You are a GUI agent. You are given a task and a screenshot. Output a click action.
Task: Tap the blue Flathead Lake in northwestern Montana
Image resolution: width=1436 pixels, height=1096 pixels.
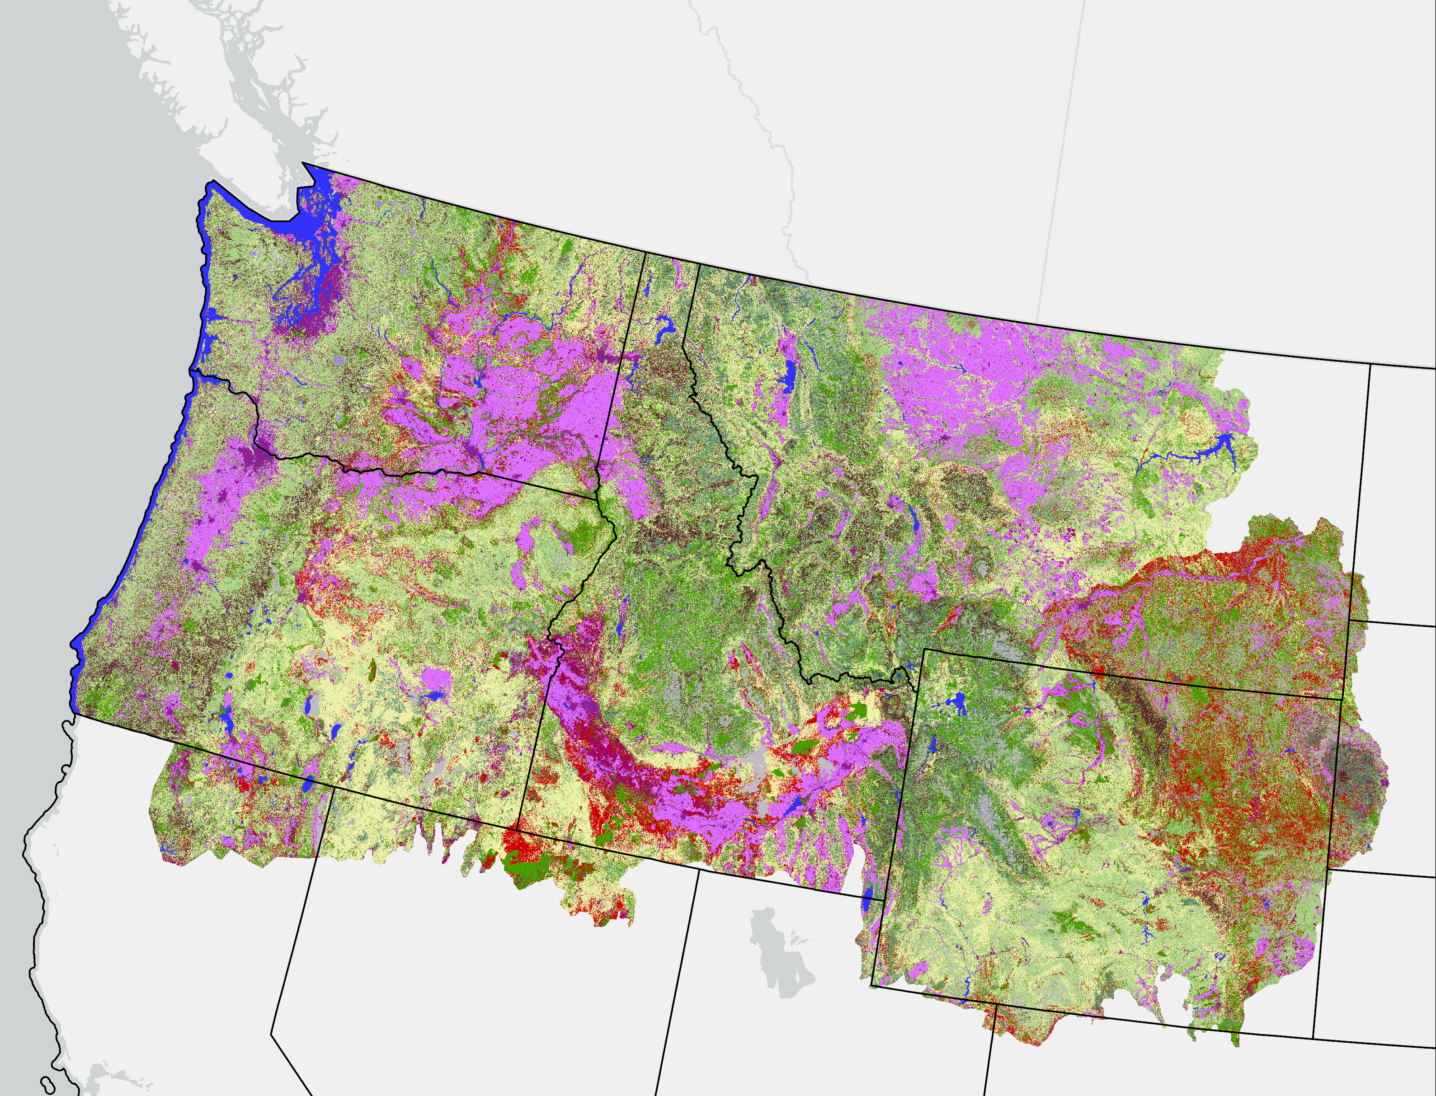click(791, 377)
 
